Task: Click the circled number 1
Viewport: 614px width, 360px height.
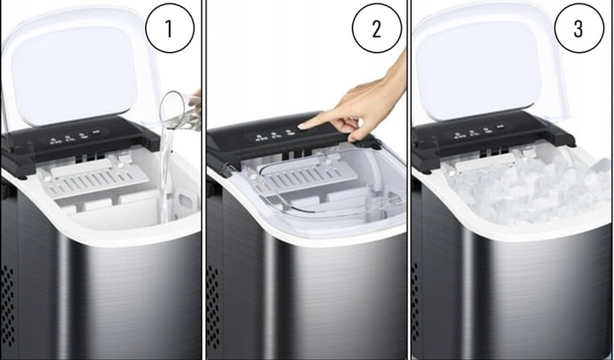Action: click(x=169, y=28)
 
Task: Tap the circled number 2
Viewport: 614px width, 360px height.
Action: click(x=377, y=28)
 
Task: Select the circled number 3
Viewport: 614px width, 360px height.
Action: click(x=578, y=28)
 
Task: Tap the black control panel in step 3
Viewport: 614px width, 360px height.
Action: click(x=478, y=136)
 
